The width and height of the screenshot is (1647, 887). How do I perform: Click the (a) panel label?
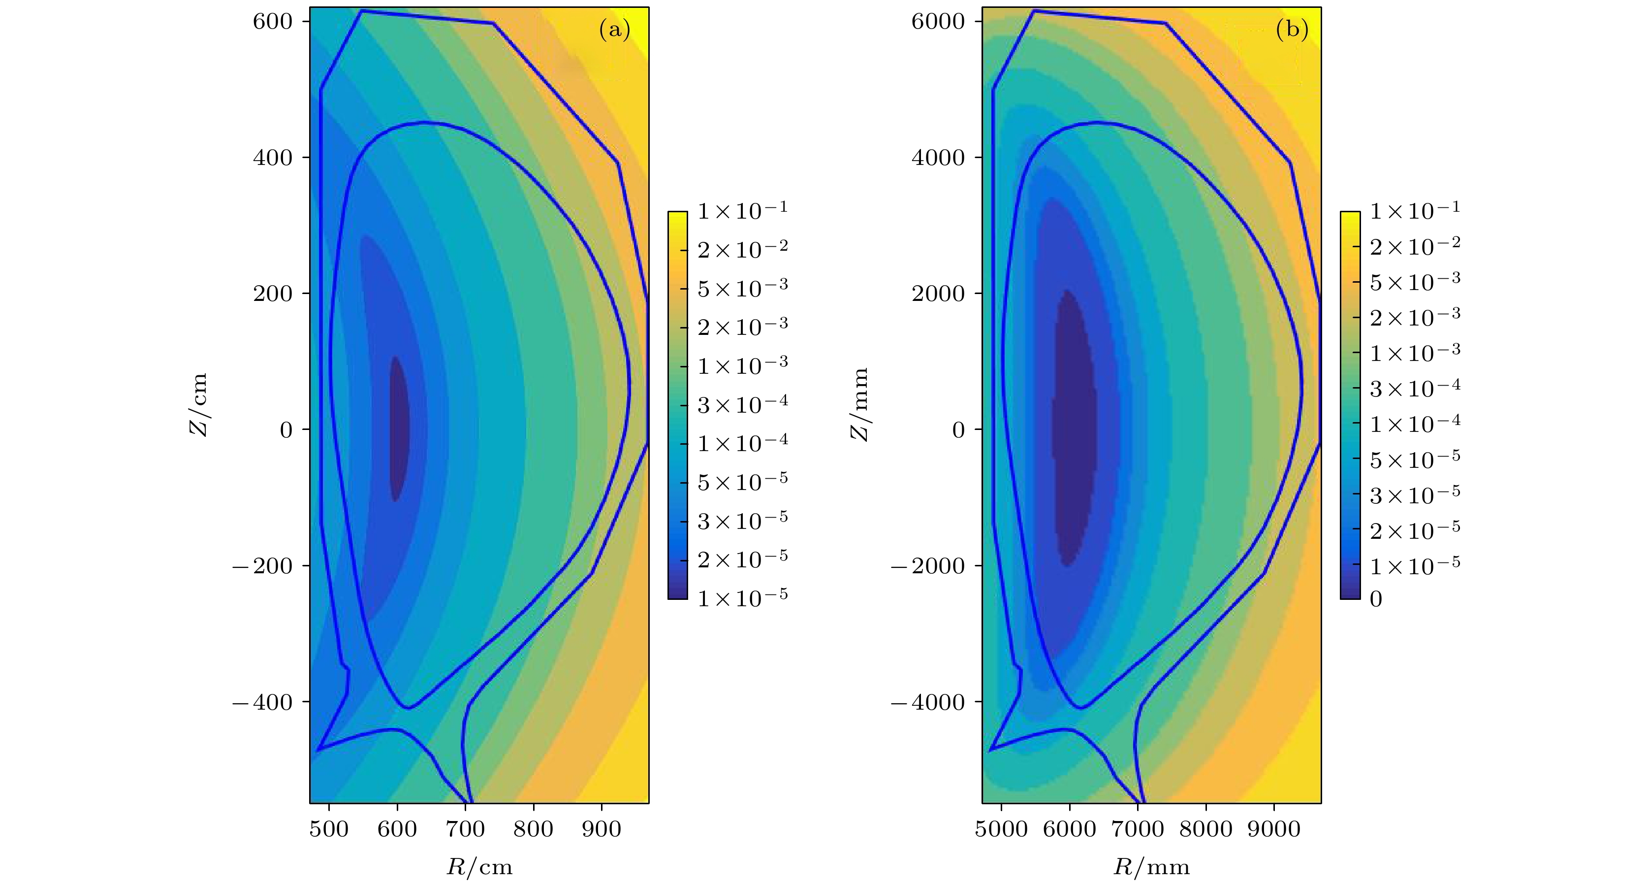614,30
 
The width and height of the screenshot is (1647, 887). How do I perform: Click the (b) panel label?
1292,30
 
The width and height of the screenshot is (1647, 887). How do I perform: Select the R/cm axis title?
479,867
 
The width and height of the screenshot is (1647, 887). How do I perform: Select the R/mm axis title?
1151,867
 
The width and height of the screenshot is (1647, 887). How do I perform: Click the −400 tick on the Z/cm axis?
263,702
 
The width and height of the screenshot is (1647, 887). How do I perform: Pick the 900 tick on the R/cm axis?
601,829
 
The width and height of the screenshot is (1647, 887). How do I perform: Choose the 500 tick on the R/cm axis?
329,829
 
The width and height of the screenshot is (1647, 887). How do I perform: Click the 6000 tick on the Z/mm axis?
938,21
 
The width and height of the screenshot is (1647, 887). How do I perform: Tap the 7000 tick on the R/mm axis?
1138,829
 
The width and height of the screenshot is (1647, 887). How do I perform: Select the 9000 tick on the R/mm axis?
1273,829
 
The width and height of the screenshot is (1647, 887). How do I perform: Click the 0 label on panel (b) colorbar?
1376,599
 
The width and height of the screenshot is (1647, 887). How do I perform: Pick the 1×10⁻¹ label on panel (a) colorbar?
742,210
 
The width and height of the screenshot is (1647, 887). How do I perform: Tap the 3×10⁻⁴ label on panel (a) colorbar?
742,404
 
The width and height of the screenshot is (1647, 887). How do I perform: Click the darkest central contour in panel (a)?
398,428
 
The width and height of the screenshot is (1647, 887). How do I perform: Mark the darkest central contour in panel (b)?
1074,428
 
